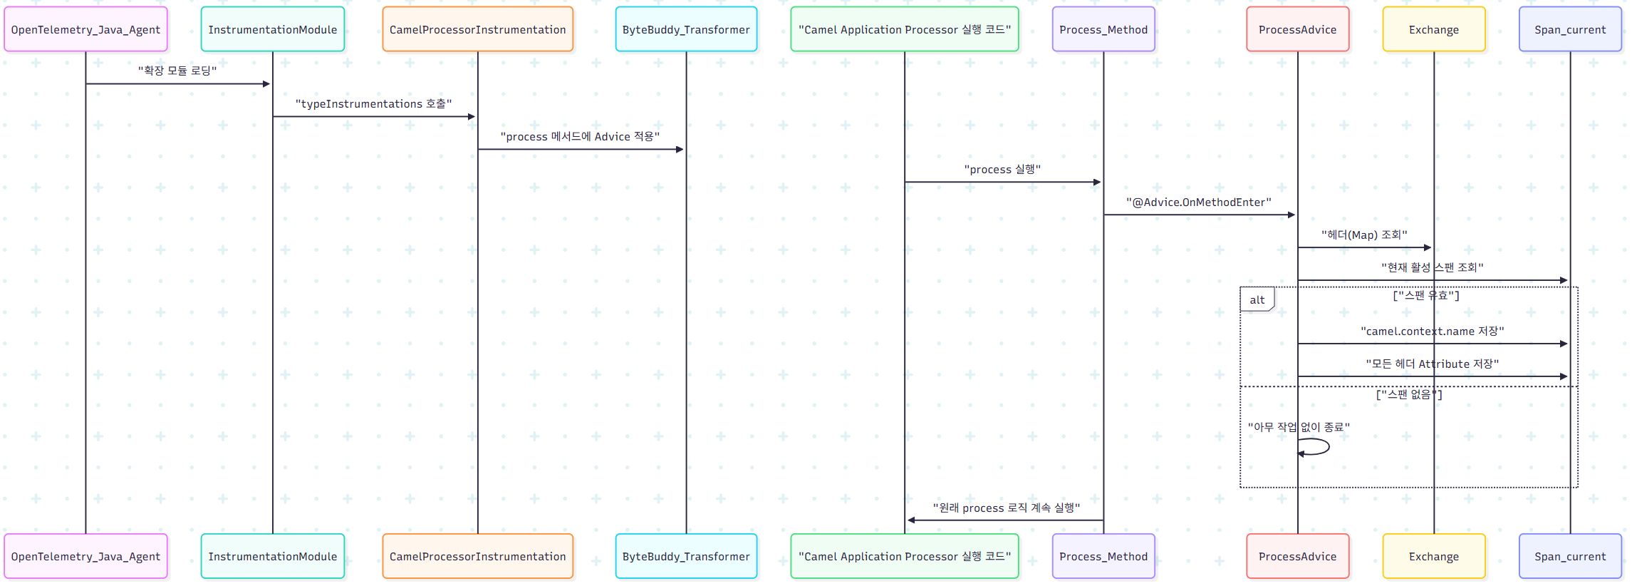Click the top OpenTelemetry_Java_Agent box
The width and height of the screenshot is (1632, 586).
pos(85,29)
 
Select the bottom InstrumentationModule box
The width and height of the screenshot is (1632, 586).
pos(272,556)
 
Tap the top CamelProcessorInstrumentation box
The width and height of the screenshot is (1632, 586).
pos(477,29)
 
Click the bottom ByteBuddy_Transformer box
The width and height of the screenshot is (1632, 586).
pos(686,556)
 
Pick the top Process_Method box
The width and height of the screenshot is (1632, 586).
pos(1103,29)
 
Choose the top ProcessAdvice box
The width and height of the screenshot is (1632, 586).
pos(1297,29)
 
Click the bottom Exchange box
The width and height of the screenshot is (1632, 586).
pos(1433,556)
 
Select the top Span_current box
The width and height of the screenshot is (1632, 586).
pos(1569,29)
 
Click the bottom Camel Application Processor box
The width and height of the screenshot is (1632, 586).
pos(904,556)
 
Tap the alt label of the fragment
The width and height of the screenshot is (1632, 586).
pos(1257,300)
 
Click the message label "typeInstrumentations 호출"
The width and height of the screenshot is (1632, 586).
pos(373,104)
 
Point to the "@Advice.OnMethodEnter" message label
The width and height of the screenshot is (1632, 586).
pos(1198,202)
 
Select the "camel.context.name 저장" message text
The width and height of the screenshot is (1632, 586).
pos(1432,331)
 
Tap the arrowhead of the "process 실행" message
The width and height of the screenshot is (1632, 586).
pos(1097,183)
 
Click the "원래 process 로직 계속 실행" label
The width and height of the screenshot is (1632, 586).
pos(1006,508)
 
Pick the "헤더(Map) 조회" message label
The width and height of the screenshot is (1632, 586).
pos(1363,235)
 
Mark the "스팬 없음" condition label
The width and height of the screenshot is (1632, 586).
pos(1408,394)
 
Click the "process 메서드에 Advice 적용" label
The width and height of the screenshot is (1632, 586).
pos(580,137)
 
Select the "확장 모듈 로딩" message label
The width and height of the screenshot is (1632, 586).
pos(177,71)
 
